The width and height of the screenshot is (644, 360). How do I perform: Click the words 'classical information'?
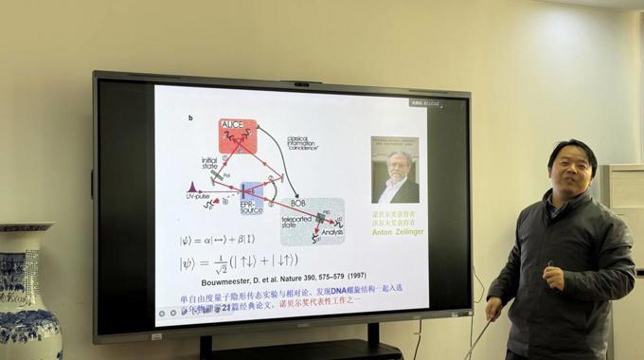point(304,142)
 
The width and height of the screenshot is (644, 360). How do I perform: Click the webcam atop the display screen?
point(301,83)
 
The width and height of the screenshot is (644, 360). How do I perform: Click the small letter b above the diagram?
point(190,118)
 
